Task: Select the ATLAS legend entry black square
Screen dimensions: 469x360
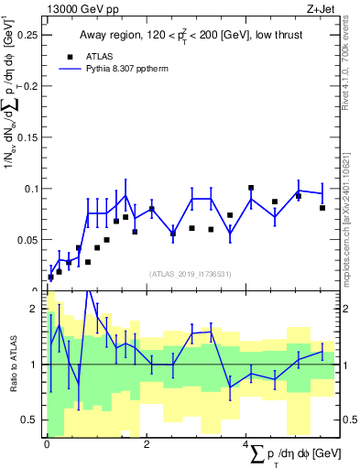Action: pyautogui.click(x=70, y=55)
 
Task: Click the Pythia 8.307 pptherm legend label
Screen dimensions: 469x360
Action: pyautogui.click(x=129, y=68)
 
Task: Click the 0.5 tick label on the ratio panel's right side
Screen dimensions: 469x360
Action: pyautogui.click(x=350, y=420)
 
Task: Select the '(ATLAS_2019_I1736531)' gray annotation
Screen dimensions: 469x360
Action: pyautogui.click(x=191, y=274)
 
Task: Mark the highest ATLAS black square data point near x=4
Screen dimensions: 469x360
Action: pyautogui.click(x=251, y=188)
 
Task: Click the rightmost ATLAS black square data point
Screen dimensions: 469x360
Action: pyautogui.click(x=322, y=208)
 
